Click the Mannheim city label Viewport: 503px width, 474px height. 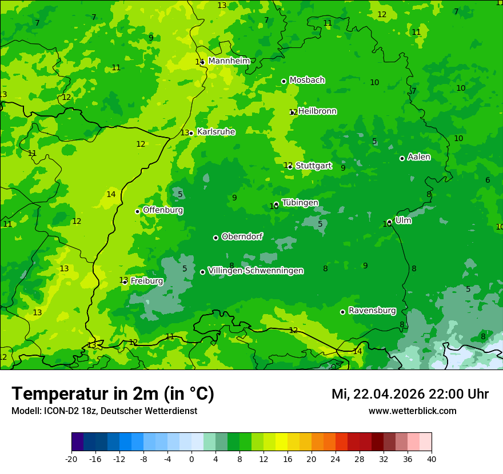(x=229, y=61)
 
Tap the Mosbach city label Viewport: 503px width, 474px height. (x=307, y=81)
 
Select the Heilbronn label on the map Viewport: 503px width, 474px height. (x=317, y=111)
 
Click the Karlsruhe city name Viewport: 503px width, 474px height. (x=216, y=132)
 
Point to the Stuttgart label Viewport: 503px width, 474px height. (x=313, y=166)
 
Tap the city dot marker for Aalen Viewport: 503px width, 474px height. (x=402, y=159)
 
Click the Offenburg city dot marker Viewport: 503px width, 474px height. (x=137, y=211)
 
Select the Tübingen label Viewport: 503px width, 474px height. (x=300, y=203)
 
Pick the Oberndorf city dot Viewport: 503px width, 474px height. (x=215, y=238)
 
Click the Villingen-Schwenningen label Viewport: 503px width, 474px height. (x=256, y=271)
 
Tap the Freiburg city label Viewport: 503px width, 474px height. (x=147, y=281)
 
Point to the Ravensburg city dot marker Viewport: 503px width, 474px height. (x=342, y=312)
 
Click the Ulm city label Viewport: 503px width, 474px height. (x=403, y=220)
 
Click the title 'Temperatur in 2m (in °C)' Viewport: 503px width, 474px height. (x=113, y=394)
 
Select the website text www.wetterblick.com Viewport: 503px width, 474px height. (x=412, y=411)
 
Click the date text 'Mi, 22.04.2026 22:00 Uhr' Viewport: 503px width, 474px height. (x=410, y=394)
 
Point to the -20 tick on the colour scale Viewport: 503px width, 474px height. (x=71, y=459)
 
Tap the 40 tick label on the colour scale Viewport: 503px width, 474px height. (x=432, y=459)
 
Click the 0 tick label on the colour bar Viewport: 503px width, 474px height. (x=191, y=459)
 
